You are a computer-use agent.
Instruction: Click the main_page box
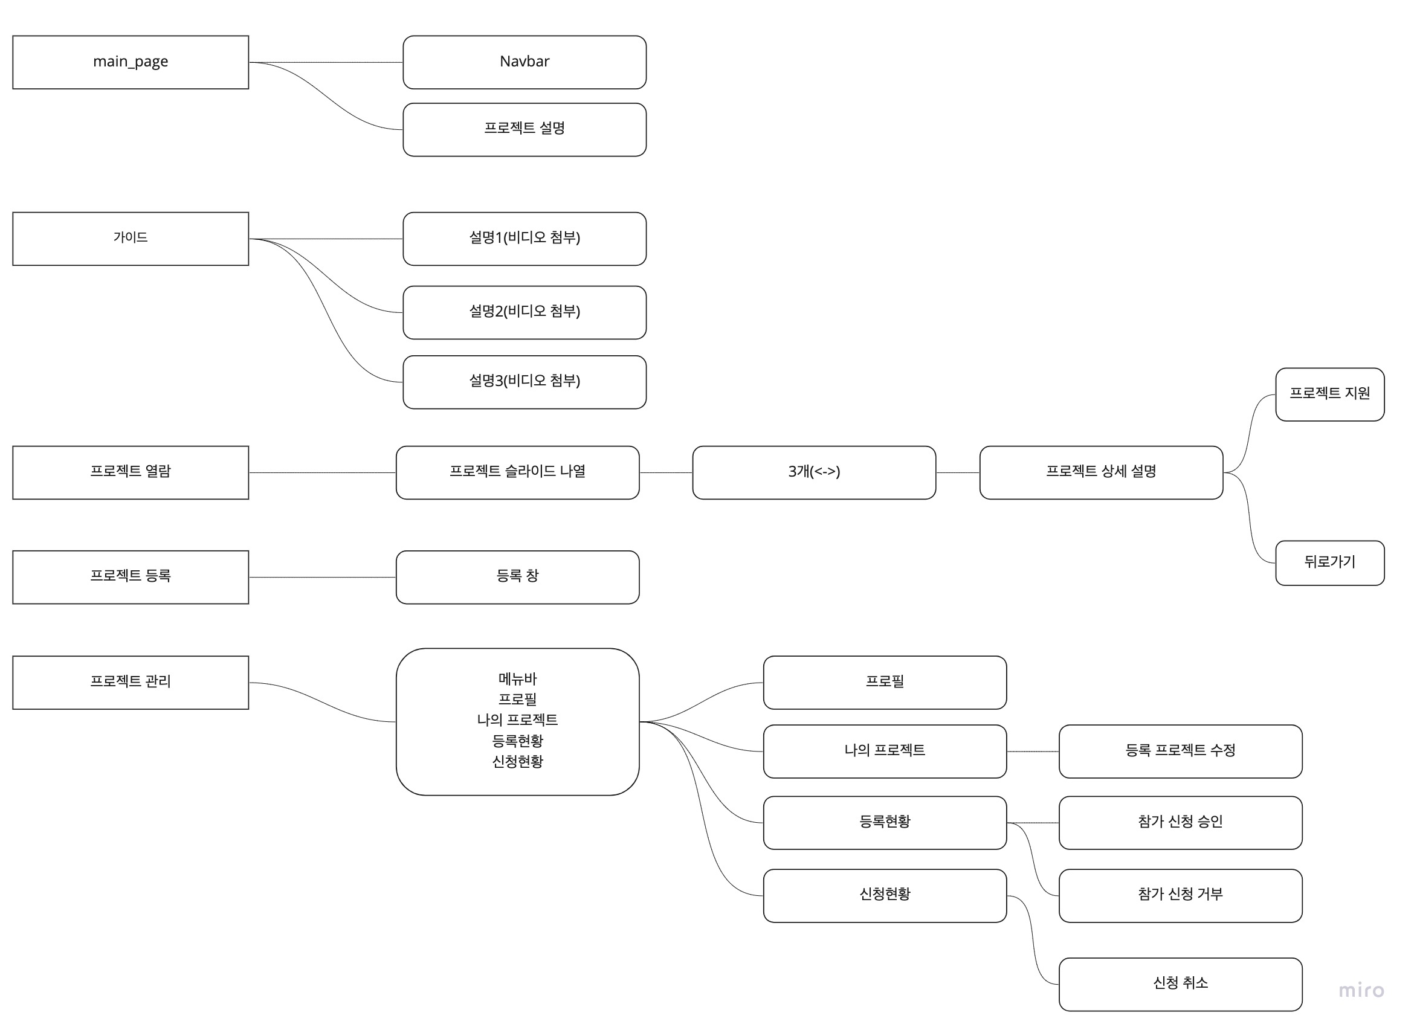(x=131, y=62)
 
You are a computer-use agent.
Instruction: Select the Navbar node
(x=524, y=62)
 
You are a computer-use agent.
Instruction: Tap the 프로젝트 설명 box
(x=524, y=129)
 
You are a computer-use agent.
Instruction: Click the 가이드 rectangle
(x=131, y=239)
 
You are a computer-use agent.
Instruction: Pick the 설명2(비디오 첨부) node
(x=524, y=312)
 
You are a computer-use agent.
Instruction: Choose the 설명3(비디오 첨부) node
(x=524, y=382)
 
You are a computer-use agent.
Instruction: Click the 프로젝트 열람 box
(x=131, y=472)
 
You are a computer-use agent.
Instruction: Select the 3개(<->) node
(x=813, y=472)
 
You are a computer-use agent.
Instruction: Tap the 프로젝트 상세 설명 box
(x=1101, y=472)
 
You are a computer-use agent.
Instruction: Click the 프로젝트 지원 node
(x=1329, y=394)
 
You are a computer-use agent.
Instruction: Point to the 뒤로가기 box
(x=1329, y=563)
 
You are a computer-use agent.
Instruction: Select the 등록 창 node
(x=517, y=576)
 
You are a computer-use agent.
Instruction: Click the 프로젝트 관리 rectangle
(x=131, y=682)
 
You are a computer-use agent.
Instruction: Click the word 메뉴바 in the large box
(x=517, y=678)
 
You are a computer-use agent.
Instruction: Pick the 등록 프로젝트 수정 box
(x=1180, y=751)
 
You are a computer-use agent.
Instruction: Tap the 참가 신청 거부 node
(x=1180, y=895)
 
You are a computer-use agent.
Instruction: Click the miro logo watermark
(x=1361, y=991)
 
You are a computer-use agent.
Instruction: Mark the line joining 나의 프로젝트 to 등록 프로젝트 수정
(x=1032, y=752)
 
